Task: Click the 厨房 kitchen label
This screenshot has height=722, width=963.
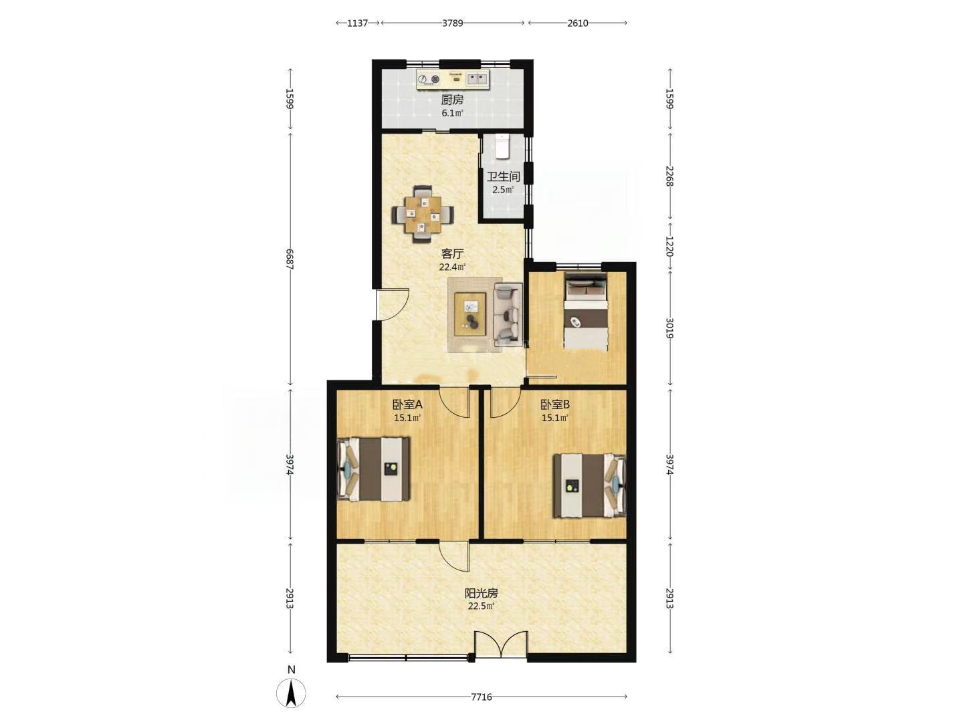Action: (x=452, y=100)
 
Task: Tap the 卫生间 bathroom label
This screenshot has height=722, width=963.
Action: (x=503, y=176)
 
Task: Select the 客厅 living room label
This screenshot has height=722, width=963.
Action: (x=452, y=253)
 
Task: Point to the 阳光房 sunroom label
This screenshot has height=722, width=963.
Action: (x=481, y=593)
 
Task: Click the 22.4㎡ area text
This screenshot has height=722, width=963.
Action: (x=452, y=267)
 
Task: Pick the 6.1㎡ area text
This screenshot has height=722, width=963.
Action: (x=452, y=113)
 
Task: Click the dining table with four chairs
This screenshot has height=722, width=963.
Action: (x=423, y=215)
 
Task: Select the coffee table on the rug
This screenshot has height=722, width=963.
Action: (x=470, y=314)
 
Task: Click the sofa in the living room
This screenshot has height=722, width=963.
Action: (x=508, y=313)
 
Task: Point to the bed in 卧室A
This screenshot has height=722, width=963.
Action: (x=373, y=469)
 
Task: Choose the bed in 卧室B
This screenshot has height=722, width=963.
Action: (x=590, y=485)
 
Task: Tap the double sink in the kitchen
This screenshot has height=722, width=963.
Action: (x=477, y=79)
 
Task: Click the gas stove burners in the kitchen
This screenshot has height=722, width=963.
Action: (x=122, y=79)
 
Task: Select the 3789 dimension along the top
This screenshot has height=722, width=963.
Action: (x=452, y=23)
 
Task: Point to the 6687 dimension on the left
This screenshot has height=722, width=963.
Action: (x=290, y=259)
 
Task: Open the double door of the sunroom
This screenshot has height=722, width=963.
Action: (x=502, y=644)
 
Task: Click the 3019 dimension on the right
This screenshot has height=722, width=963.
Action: (x=669, y=328)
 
